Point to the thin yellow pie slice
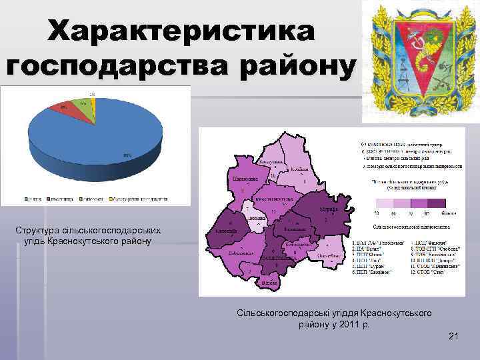[x=93, y=103]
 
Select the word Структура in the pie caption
[x=41, y=230]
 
